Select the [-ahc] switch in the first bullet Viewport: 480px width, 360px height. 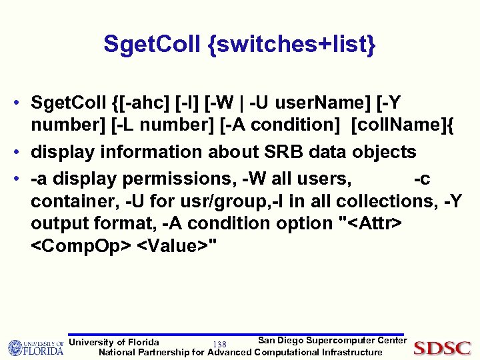tap(149, 103)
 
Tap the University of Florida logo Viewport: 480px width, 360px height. tap(35, 347)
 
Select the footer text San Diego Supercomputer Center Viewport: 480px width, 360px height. tap(331, 341)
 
